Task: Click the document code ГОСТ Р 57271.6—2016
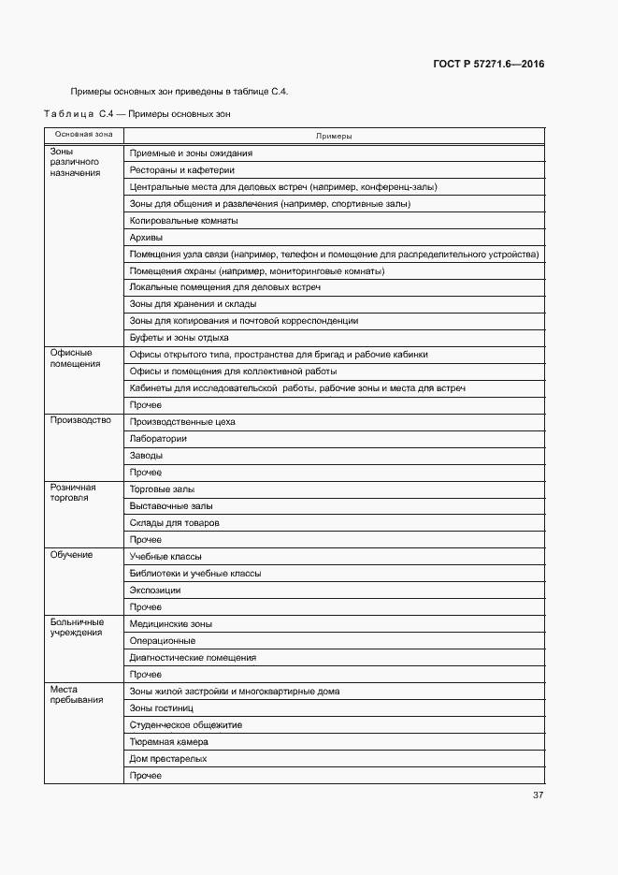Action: pos(488,65)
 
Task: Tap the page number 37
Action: pos(538,795)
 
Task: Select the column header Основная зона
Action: pos(83,136)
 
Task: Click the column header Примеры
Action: pos(333,136)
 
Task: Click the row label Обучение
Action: pos(71,555)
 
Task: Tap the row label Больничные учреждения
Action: pos(77,628)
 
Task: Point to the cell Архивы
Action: pos(146,238)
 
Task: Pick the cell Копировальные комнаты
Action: pos(183,221)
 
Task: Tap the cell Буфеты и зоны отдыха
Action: pos(179,338)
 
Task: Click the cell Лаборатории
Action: pos(158,439)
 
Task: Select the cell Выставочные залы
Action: pos(165,506)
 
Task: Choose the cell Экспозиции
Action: pos(155,591)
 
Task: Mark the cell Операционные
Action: pos(162,641)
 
